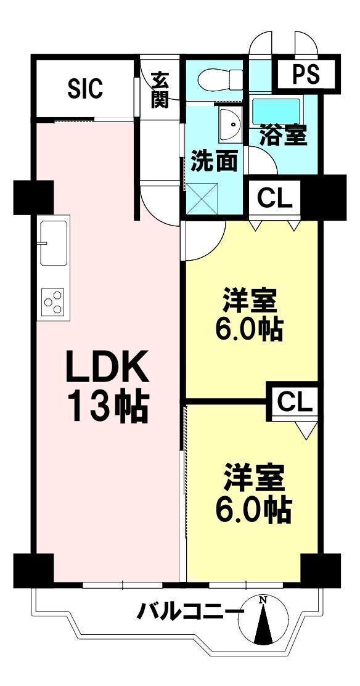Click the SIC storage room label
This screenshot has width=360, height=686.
point(84,88)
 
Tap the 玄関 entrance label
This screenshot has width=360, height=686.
point(160,90)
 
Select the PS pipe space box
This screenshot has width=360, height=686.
point(306,75)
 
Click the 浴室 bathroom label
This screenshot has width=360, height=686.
point(283,135)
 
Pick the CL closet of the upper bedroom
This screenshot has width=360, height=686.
point(274,198)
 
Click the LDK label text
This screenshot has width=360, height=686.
point(108,368)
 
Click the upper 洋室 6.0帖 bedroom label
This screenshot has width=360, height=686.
point(249,316)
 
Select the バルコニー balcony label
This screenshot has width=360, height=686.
point(190,612)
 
